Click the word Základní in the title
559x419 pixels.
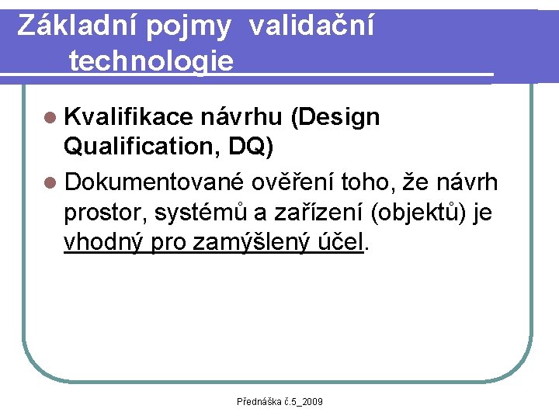(71, 26)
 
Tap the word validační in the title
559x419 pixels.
(311, 26)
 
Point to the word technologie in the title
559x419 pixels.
(151, 60)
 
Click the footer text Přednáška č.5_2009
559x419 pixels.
(280, 401)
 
